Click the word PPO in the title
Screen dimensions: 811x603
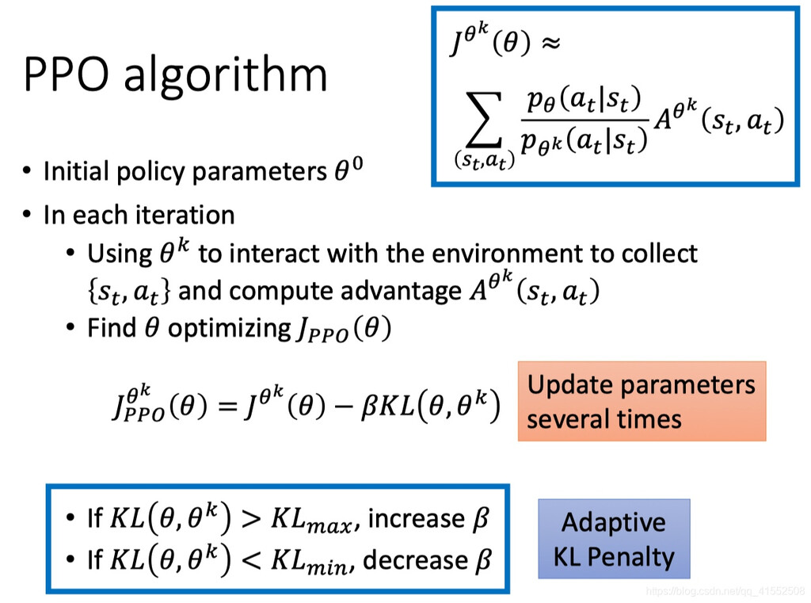(67, 74)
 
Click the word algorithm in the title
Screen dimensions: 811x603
(226, 75)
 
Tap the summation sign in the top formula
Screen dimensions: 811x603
(485, 120)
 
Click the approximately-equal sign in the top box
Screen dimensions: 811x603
(551, 43)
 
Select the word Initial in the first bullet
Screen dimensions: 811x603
(77, 171)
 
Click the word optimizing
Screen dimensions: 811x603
(230, 329)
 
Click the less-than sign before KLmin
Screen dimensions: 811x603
(251, 561)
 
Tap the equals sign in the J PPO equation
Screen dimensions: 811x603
(228, 406)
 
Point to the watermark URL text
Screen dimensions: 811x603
(725, 591)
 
